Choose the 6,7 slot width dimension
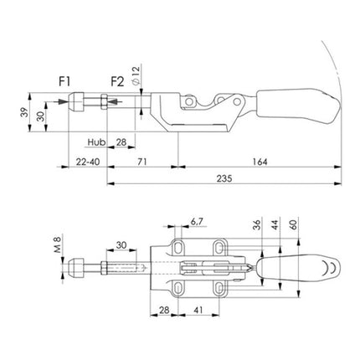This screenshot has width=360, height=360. click(x=198, y=224)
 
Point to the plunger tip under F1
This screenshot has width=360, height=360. click(x=74, y=104)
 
